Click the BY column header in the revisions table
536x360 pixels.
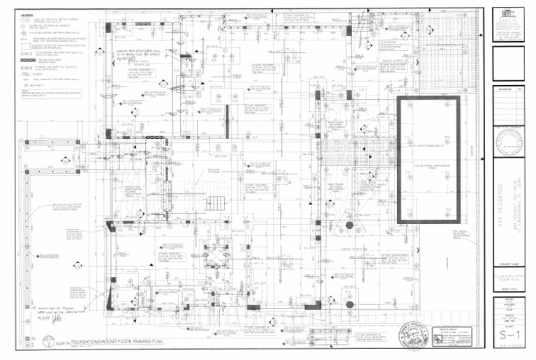click(x=521, y=89)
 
